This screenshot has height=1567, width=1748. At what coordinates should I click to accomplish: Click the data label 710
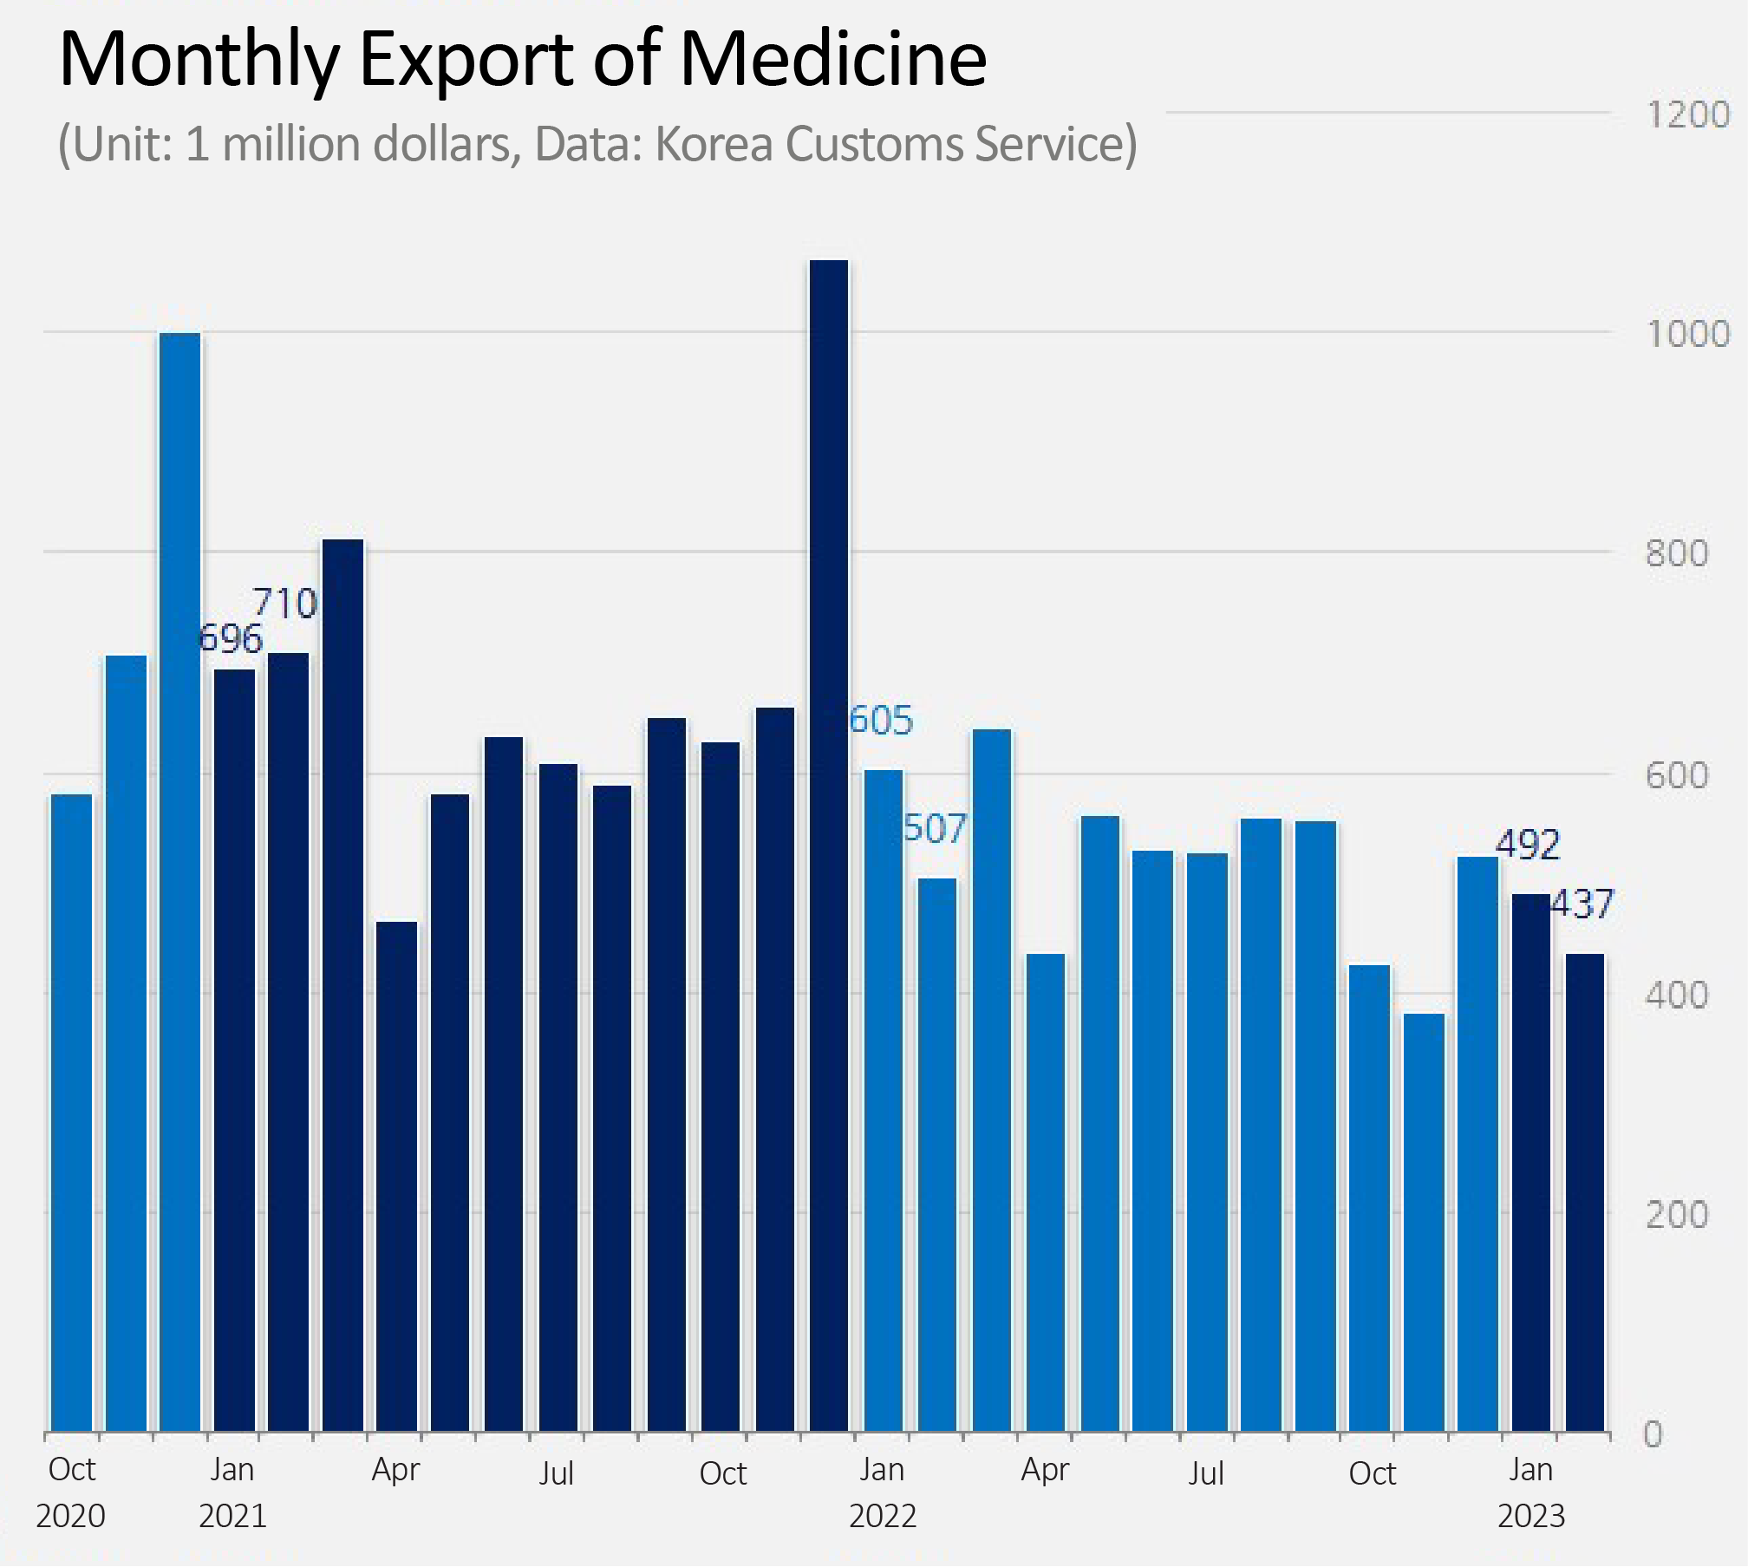click(x=285, y=604)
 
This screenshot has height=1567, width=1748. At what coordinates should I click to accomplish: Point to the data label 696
click(x=230, y=639)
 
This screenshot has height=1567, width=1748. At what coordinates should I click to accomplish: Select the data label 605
click(x=881, y=721)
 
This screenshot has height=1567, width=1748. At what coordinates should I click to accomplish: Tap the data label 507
click(x=935, y=829)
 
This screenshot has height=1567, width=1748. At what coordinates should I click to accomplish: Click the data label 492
click(x=1528, y=845)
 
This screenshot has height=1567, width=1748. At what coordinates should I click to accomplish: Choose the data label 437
click(x=1582, y=904)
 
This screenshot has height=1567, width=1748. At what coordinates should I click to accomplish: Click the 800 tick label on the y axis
click(x=1677, y=553)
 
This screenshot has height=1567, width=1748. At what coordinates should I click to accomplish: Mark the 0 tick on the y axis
click(x=1653, y=1435)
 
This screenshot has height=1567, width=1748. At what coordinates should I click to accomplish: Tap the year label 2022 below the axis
click(x=883, y=1516)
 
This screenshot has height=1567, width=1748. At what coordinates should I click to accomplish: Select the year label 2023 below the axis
click(x=1531, y=1516)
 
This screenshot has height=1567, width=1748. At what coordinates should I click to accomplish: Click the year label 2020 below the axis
click(x=71, y=1516)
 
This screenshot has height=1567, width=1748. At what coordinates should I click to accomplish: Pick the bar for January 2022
click(x=884, y=1100)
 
